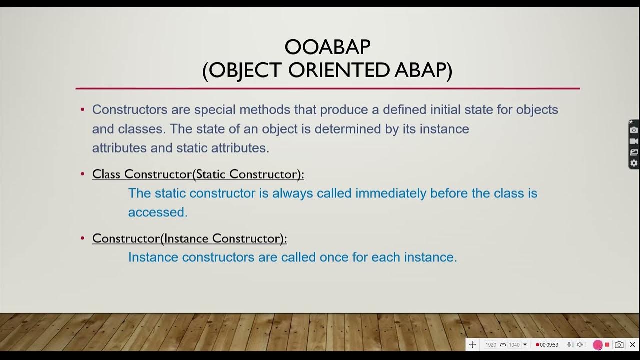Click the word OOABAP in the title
pyautogui.click(x=327, y=47)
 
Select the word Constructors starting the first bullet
pyautogui.click(x=130, y=109)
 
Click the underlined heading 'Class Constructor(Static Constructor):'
pyautogui.click(x=198, y=174)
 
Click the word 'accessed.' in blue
pyautogui.click(x=158, y=212)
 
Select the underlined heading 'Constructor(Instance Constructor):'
pyautogui.click(x=189, y=238)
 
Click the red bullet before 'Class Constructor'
pyautogui.click(x=83, y=174)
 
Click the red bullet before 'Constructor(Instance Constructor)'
pyautogui.click(x=83, y=238)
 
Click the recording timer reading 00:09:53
pyautogui.click(x=548, y=345)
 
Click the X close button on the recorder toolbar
pyautogui.click(x=632, y=345)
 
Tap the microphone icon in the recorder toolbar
pyautogui.click(x=569, y=345)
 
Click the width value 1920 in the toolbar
pyautogui.click(x=491, y=345)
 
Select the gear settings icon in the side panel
pyautogui.click(x=634, y=163)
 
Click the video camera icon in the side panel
pyautogui.click(x=634, y=141)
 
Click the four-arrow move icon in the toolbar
pyautogui.click(x=472, y=345)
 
